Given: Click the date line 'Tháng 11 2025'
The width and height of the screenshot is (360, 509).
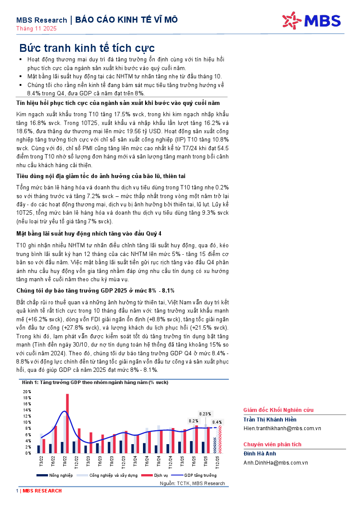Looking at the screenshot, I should [37, 29].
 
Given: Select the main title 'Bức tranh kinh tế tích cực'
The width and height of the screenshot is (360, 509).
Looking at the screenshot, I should [87, 48].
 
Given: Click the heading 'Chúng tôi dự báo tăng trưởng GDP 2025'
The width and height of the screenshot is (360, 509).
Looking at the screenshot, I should [95, 290].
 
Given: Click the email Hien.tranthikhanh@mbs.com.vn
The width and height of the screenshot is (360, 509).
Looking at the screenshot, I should [282, 428].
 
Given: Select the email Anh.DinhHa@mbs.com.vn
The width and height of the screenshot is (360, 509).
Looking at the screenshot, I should [275, 463].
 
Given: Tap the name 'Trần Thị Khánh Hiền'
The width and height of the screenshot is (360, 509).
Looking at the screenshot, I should [270, 419].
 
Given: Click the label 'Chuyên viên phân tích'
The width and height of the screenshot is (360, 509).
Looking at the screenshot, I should [272, 445].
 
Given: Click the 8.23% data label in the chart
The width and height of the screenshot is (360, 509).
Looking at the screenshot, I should [205, 414].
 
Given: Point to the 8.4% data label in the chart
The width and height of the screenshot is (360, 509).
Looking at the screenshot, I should [217, 422].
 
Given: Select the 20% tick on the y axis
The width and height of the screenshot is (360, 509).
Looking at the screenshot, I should [27, 391].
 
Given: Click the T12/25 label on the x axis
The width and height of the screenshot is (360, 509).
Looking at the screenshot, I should [217, 461].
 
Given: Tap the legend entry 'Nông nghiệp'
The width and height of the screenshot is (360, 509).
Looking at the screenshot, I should [58, 475].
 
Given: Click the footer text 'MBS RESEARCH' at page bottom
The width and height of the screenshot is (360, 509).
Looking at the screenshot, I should [42, 491].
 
